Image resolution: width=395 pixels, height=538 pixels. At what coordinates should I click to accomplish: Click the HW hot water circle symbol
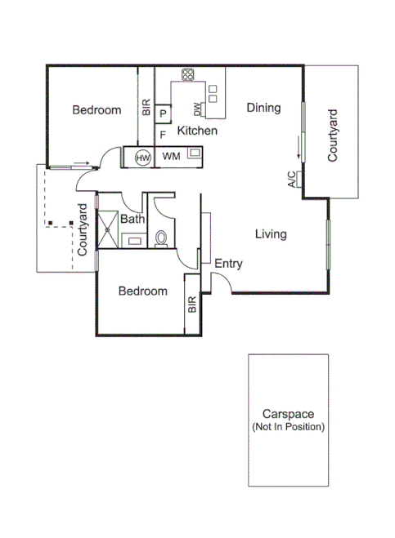click(x=143, y=157)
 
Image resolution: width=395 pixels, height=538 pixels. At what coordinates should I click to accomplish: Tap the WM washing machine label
click(x=171, y=156)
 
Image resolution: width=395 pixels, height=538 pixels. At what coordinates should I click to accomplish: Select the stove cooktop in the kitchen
click(x=188, y=76)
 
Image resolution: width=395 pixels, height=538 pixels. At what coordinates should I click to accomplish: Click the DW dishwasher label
click(x=197, y=109)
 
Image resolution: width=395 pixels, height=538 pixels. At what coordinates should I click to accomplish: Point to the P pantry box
click(x=164, y=113)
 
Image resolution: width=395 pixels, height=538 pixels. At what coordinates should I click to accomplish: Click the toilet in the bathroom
click(x=161, y=238)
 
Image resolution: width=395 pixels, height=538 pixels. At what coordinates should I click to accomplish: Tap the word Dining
click(x=263, y=108)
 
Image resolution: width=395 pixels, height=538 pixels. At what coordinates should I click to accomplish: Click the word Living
click(x=270, y=234)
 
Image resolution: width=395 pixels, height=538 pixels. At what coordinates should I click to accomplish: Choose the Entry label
click(x=228, y=264)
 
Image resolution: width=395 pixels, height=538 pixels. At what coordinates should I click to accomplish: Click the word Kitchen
click(x=197, y=131)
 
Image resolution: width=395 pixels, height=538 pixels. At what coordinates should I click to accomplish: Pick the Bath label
click(x=132, y=219)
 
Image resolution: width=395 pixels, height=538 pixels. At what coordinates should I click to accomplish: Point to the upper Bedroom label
click(x=97, y=110)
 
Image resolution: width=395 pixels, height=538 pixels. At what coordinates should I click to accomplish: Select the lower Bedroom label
click(x=142, y=291)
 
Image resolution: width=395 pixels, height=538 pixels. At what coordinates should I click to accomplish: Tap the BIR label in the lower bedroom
click(x=193, y=305)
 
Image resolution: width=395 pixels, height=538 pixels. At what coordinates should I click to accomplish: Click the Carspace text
click(x=289, y=414)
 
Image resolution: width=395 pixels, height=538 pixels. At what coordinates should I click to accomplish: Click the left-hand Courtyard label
click(x=83, y=230)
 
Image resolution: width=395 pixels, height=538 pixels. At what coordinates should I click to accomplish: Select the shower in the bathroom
click(x=107, y=228)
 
